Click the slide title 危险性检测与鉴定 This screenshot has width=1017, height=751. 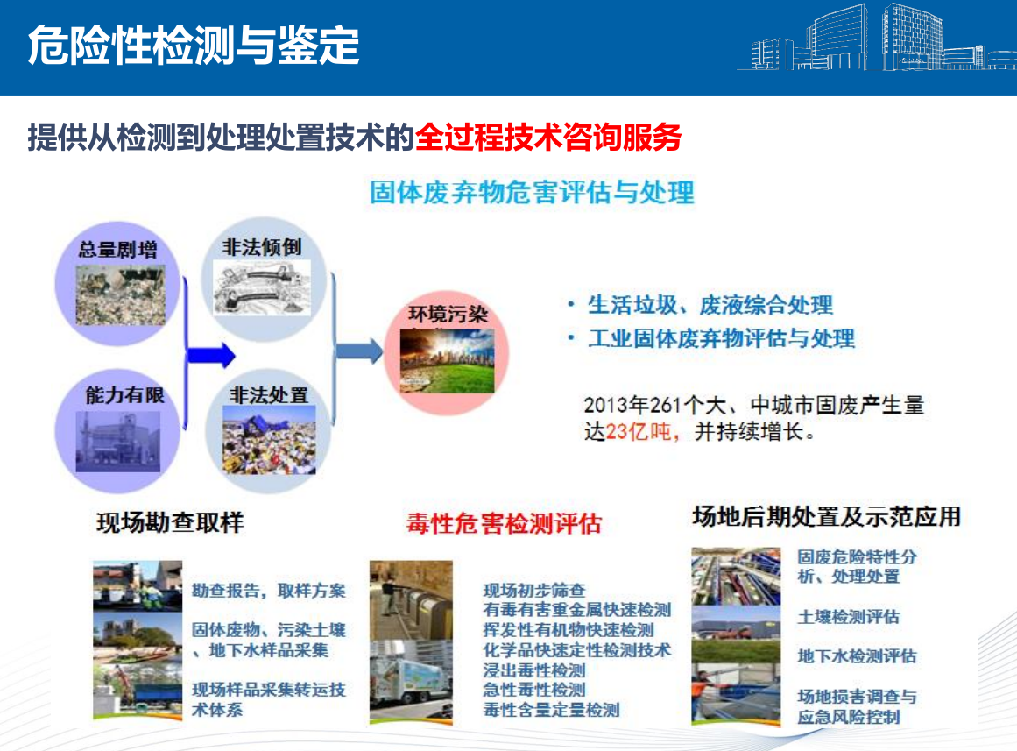(x=194, y=46)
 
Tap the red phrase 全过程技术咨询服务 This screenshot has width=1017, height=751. (x=548, y=137)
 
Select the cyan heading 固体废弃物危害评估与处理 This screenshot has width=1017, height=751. (x=532, y=192)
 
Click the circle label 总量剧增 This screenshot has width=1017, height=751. (x=118, y=249)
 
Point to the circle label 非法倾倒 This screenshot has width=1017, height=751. (x=262, y=246)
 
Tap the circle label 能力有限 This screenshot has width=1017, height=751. (x=125, y=394)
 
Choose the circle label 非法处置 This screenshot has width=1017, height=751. (x=269, y=394)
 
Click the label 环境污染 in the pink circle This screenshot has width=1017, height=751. (x=448, y=315)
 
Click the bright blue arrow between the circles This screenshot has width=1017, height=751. (x=211, y=355)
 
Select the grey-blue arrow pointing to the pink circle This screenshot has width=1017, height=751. (x=358, y=351)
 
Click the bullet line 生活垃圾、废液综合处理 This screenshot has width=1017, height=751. (x=710, y=304)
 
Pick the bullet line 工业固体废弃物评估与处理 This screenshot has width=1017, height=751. (x=721, y=338)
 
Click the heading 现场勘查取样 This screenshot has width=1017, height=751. (x=170, y=522)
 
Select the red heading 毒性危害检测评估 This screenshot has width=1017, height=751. (x=504, y=523)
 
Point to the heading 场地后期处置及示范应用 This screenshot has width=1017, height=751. (x=826, y=517)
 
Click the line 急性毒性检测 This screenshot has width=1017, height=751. (x=534, y=690)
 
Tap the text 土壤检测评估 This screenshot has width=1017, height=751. (x=848, y=617)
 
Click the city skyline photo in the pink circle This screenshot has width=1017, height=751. (x=447, y=360)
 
